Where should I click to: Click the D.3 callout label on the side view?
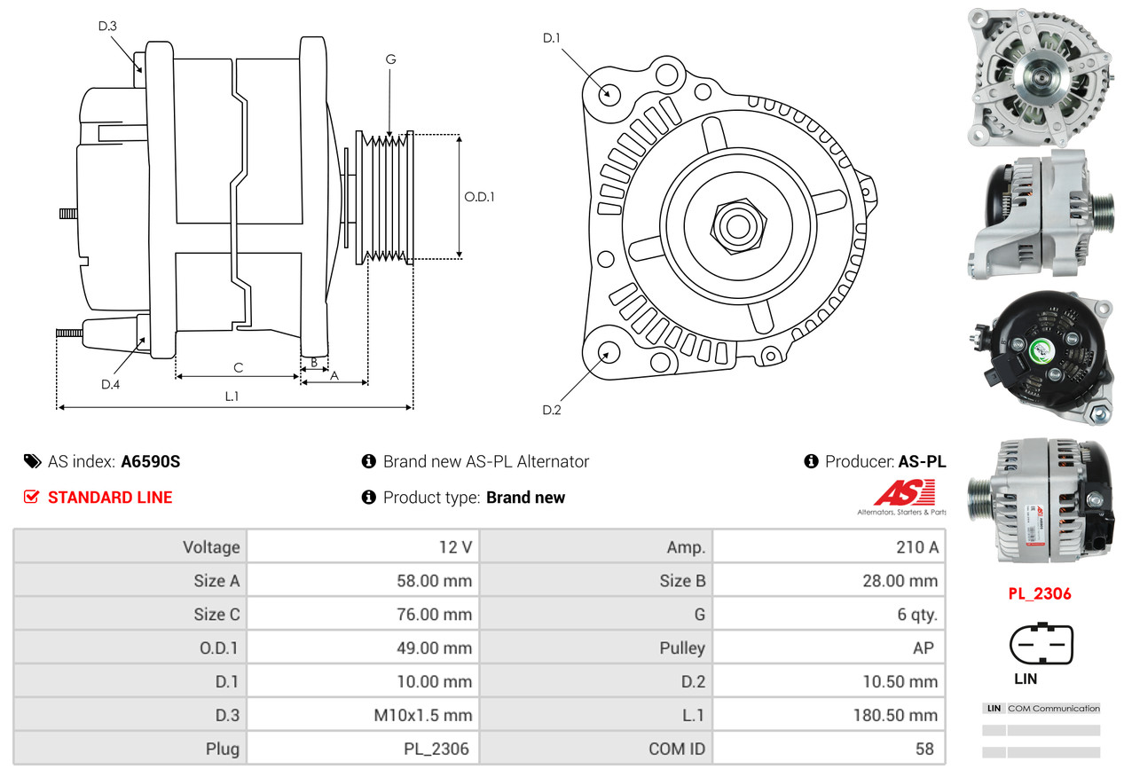click(x=107, y=26)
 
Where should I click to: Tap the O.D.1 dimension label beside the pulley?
click(x=479, y=197)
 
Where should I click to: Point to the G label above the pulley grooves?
click(x=390, y=59)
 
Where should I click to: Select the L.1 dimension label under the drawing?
click(x=232, y=396)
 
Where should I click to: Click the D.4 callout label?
click(x=110, y=384)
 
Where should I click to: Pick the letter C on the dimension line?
click(x=238, y=366)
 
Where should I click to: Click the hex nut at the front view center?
click(x=735, y=225)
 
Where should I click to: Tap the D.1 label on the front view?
click(x=552, y=37)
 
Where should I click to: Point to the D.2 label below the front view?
click(x=552, y=410)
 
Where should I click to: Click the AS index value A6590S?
click(x=151, y=461)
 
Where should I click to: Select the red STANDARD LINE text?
click(x=110, y=498)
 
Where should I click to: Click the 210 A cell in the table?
click(x=916, y=547)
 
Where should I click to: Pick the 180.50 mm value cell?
click(x=899, y=715)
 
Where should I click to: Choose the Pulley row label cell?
click(x=682, y=647)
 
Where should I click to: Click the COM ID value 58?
click(x=924, y=749)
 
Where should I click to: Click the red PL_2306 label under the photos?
click(x=1040, y=593)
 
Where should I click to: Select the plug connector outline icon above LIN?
click(x=1041, y=645)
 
